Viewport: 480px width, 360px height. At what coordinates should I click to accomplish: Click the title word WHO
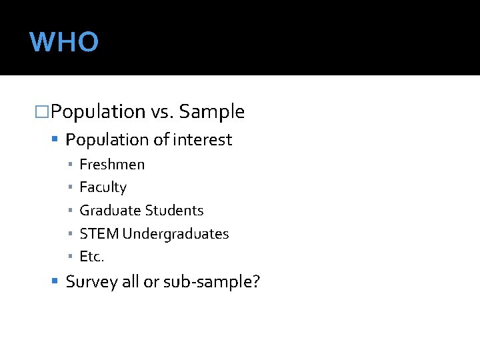point(64,42)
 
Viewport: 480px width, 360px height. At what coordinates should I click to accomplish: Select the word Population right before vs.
point(98,112)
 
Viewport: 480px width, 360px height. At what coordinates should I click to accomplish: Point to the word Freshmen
point(112,164)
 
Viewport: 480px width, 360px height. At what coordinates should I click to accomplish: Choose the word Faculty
point(103,187)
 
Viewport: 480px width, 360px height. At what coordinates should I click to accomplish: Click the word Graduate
point(108,211)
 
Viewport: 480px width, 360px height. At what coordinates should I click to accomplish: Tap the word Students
point(172,211)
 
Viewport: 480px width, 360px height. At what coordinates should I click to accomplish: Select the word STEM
point(99,234)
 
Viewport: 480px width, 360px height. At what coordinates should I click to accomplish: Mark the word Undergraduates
point(175,234)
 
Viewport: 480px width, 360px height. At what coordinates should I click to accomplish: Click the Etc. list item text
point(92,257)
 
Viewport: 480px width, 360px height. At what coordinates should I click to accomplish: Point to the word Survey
point(91,282)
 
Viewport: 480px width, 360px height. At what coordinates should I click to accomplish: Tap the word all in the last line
point(131,282)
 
